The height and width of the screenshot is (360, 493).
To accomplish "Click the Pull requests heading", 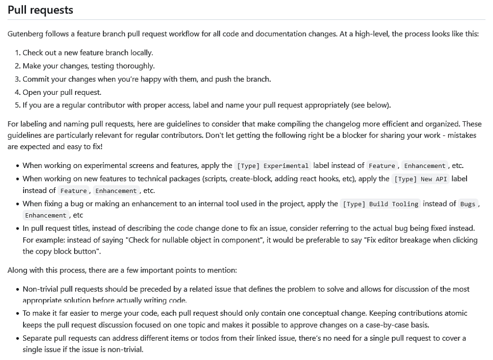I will tap(40, 10).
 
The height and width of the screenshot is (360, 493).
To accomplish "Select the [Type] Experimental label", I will tap(273, 166).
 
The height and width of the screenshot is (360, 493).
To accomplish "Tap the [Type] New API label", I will tap(421, 179).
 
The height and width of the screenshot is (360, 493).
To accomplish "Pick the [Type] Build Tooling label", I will tap(380, 204).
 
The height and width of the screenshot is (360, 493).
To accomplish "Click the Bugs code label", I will tap(467, 204).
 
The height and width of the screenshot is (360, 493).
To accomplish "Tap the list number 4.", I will tap(17, 92).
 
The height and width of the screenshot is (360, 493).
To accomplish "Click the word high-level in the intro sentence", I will tap(371, 34).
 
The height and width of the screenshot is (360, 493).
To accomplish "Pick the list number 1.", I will tap(17, 52).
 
